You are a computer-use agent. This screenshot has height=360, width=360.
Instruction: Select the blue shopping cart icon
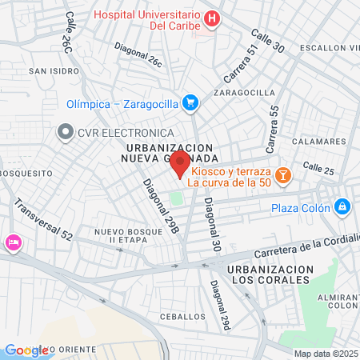coord(190,102)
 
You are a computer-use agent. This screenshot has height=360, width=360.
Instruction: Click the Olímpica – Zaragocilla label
coord(122,103)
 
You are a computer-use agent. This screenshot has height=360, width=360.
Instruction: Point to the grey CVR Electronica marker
coord(63,132)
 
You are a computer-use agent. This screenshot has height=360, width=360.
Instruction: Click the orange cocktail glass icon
coord(282,175)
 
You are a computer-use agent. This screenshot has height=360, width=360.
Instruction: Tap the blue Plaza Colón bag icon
coord(342,207)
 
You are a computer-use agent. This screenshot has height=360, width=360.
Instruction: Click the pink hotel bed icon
coord(13,242)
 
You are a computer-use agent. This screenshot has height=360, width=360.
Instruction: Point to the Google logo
coord(26,350)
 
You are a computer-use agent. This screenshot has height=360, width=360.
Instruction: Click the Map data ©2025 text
coord(326,354)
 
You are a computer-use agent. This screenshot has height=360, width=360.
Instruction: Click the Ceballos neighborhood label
coord(182,317)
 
